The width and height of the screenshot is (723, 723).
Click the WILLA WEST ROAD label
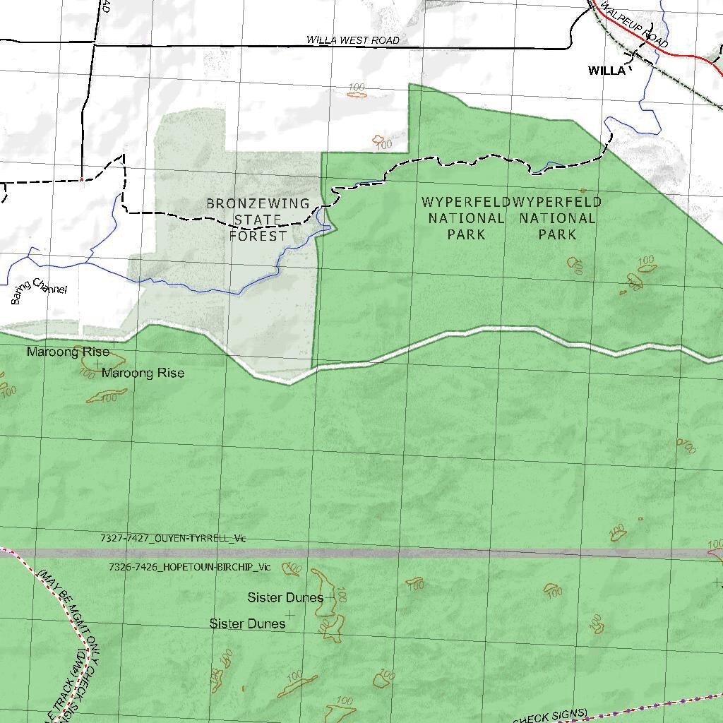[352, 40]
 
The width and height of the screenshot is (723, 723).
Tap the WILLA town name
[607, 71]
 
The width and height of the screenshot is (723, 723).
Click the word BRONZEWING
[258, 203]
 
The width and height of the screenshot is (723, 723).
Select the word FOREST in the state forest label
[258, 236]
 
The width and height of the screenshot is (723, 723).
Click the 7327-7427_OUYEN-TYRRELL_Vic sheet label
[172, 538]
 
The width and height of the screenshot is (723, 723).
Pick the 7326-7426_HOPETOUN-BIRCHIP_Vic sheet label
[189, 567]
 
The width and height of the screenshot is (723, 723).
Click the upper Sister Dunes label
[285, 598]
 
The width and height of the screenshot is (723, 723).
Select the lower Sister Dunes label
[247, 624]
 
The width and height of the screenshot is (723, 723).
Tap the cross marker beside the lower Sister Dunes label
[289, 615]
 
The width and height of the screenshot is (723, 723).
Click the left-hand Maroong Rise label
[68, 352]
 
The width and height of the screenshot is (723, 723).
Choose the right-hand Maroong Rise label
[143, 373]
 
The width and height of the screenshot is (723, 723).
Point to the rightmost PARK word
[557, 234]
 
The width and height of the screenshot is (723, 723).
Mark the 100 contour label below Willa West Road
[357, 88]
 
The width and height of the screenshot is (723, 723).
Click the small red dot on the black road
[83, 179]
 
